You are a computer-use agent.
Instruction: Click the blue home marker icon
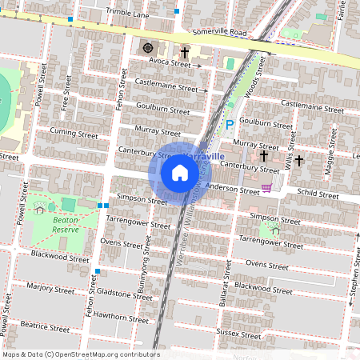click(180, 173)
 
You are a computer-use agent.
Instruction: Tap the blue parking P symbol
click(230, 124)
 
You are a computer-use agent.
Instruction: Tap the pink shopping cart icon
click(266, 189)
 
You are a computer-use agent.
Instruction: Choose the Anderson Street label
click(232, 187)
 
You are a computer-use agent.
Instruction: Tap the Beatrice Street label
click(46, 326)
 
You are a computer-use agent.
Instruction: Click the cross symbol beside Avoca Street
click(184, 54)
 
